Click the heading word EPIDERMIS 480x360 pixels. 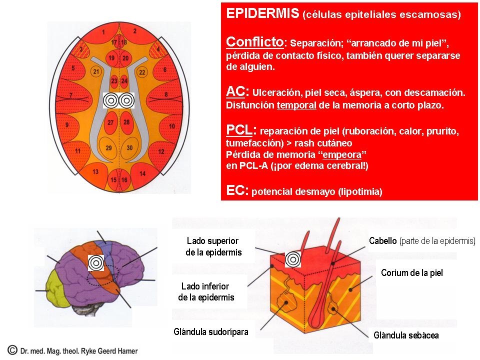click(262, 13)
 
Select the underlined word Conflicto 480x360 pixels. click(254, 41)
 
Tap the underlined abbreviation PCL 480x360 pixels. click(239, 130)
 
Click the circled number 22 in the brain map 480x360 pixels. click(141, 72)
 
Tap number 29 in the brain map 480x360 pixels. click(108, 147)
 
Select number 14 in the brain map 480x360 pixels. click(142, 173)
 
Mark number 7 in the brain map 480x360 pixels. click(70, 95)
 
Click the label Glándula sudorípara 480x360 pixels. click(210, 331)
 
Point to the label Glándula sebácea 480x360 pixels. click(406, 335)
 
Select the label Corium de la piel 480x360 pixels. click(411, 273)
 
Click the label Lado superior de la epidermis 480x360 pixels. click(213, 246)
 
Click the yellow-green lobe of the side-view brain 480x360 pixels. click(53, 291)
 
